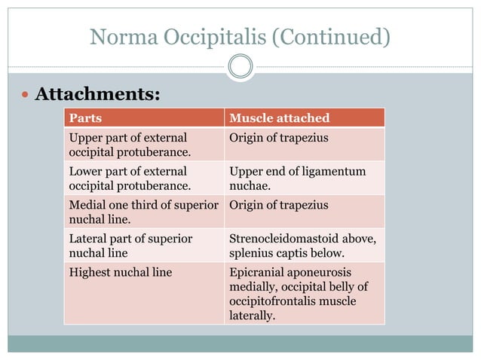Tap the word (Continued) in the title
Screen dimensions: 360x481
332,36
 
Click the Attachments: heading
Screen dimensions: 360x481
98,95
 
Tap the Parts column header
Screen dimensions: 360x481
86,118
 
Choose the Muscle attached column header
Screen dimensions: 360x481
279,118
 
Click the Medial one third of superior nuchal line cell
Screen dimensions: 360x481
144,211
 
